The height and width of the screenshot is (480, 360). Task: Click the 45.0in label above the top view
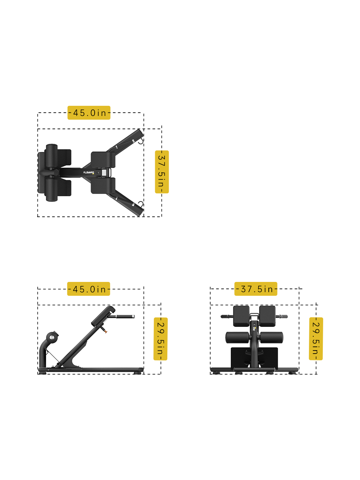(89, 113)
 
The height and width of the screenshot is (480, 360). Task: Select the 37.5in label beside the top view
(162, 172)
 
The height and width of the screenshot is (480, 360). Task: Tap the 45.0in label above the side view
(89, 289)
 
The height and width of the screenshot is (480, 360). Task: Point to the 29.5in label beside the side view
(161, 339)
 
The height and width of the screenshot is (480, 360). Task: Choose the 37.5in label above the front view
(256, 289)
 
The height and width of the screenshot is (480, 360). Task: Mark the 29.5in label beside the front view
(316, 338)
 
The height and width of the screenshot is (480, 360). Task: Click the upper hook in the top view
(140, 141)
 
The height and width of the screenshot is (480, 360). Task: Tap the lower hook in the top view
(140, 204)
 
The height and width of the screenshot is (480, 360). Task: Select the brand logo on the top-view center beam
(89, 173)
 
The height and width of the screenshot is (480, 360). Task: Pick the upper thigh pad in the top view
(103, 160)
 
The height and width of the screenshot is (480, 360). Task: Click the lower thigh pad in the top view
(103, 186)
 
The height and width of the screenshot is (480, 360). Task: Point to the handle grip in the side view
(125, 317)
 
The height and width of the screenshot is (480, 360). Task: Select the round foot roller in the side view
(52, 337)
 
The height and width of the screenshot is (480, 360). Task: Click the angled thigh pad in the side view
(103, 315)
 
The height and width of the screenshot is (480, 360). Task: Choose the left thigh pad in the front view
(241, 316)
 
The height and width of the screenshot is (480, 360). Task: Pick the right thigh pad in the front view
(267, 316)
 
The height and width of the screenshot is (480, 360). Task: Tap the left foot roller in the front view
(237, 337)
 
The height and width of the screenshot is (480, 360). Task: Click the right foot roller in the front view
(271, 337)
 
